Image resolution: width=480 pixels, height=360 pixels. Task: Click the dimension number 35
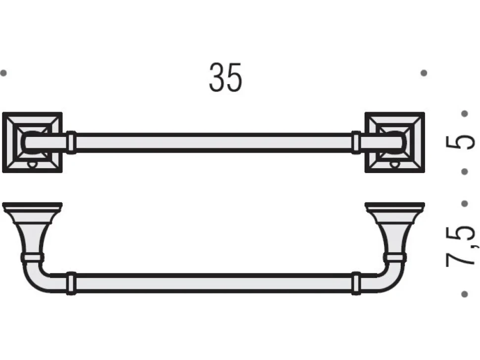tap(225, 77)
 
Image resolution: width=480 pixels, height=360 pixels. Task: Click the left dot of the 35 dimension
tap(3, 73)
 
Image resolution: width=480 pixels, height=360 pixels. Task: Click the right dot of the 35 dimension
tap(424, 73)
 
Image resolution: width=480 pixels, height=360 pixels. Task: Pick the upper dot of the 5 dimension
tap(464, 114)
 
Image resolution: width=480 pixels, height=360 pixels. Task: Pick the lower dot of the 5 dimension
tap(464, 172)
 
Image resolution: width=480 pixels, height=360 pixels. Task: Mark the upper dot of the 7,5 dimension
tap(464, 203)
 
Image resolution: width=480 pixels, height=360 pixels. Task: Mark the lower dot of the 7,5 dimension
tap(464, 294)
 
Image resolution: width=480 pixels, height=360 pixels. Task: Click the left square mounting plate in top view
tap(32, 142)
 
